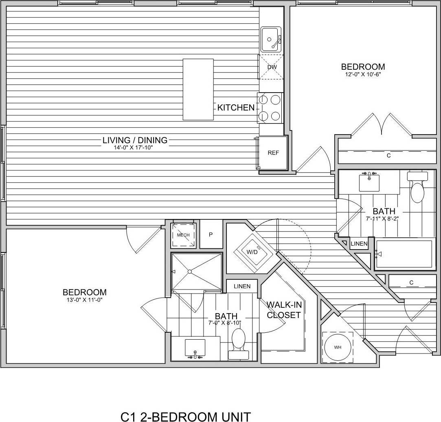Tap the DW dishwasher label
coord(272,67)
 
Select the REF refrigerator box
coord(273,153)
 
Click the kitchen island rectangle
coord(198,89)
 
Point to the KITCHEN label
coord(236,108)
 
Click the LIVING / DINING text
coord(135,140)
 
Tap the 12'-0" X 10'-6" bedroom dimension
coord(363,74)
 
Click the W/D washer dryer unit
coord(252,252)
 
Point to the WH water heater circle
coord(338,347)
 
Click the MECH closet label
coord(183,235)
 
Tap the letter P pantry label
coord(211,235)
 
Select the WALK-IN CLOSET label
coord(283,309)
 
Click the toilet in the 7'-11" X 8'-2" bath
coord(417,189)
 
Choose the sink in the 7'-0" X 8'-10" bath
coord(195,347)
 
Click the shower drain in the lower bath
coord(189,272)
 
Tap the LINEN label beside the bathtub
coord(359,244)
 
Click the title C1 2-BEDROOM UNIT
coord(186,416)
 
